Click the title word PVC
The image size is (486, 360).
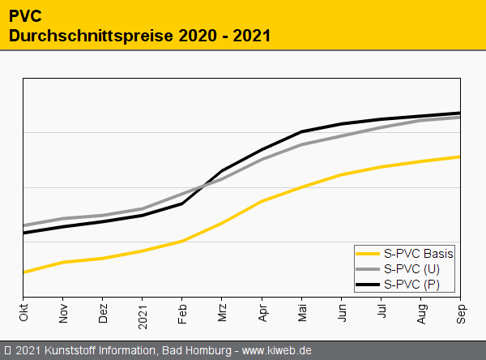27,15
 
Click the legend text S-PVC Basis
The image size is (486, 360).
418,253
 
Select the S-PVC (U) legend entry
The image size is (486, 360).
411,268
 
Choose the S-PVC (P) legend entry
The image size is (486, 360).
411,284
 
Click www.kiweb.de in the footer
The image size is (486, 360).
277,351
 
